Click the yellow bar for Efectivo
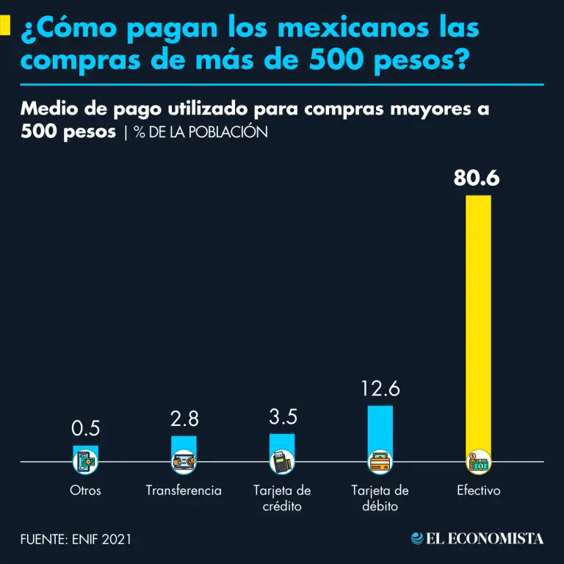[x=478, y=323]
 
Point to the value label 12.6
[x=380, y=389]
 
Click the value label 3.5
[x=283, y=417]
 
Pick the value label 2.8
[x=184, y=419]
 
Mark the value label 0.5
[x=85, y=428]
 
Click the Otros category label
[x=85, y=491]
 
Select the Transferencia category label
[x=184, y=491]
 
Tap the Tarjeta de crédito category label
[x=282, y=499]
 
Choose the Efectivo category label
[x=478, y=491]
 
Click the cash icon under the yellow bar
[x=478, y=462]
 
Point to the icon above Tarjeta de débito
[x=380, y=462]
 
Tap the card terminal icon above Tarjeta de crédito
[x=282, y=462]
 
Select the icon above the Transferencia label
[x=184, y=462]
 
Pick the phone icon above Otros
[x=85, y=462]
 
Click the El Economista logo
[x=477, y=539]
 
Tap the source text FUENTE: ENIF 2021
[x=76, y=539]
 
